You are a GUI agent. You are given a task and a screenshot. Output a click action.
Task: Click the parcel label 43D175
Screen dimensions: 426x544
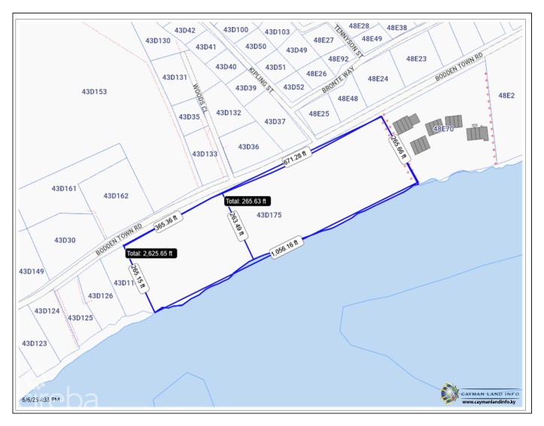point(269,216)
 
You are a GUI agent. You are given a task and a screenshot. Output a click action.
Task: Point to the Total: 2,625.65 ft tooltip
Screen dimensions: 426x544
point(150,253)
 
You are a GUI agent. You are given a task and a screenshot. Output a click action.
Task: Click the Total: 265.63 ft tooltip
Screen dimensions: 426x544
point(246,201)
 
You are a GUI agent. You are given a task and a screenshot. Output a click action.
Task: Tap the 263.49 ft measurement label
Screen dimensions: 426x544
point(237,224)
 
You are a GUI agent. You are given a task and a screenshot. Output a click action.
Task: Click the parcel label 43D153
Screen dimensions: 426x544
point(94,92)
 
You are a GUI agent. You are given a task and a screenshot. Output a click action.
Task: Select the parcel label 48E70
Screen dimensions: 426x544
point(443,129)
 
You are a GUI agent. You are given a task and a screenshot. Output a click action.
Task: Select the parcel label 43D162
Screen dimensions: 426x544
point(116,196)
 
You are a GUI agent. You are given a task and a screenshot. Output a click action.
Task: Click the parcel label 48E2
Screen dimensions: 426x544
point(506,95)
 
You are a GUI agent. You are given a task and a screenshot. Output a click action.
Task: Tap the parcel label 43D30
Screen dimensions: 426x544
point(65,240)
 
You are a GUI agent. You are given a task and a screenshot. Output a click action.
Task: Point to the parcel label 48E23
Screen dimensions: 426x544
point(416,59)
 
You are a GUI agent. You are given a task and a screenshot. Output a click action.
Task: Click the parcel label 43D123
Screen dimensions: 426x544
point(35,343)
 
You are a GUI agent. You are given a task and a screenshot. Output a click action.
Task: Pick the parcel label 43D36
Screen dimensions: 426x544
point(248,147)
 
